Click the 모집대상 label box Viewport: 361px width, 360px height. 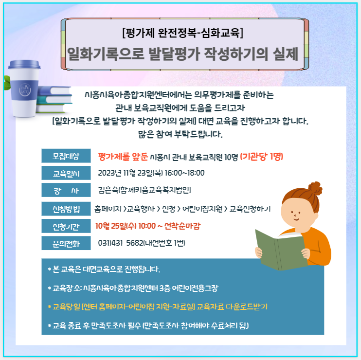coord(66,156)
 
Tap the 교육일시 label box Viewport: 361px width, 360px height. coord(66,173)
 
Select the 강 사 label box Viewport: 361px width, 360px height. coord(66,190)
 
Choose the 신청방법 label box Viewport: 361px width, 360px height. coord(66,209)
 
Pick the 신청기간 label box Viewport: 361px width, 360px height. coord(66,226)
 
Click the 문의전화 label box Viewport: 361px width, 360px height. coord(66,243)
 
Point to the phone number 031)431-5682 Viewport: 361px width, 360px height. coord(121,243)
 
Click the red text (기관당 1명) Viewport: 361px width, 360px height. coord(262,157)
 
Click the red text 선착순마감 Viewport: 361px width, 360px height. coord(182,226)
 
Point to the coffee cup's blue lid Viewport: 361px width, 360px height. coord(24,64)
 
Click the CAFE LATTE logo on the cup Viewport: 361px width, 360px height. coord(25,90)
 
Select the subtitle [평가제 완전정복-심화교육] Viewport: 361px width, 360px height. coord(183,33)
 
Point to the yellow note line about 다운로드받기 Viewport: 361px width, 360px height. coord(158,306)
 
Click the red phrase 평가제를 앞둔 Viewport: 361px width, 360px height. coord(123,157)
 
